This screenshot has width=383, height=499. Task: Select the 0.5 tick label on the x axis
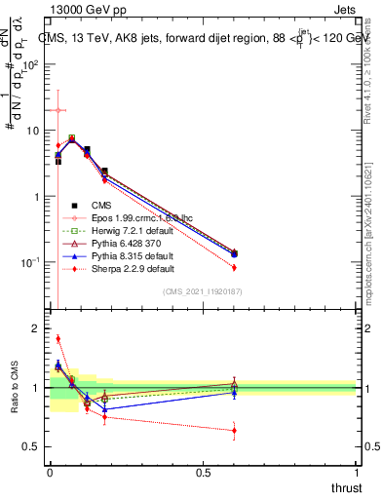(203, 473)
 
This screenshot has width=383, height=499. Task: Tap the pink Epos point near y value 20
(58, 110)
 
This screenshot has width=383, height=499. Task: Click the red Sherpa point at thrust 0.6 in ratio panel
(234, 430)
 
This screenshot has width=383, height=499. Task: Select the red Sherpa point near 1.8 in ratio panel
(58, 339)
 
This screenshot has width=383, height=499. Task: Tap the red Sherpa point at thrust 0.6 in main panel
(234, 267)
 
